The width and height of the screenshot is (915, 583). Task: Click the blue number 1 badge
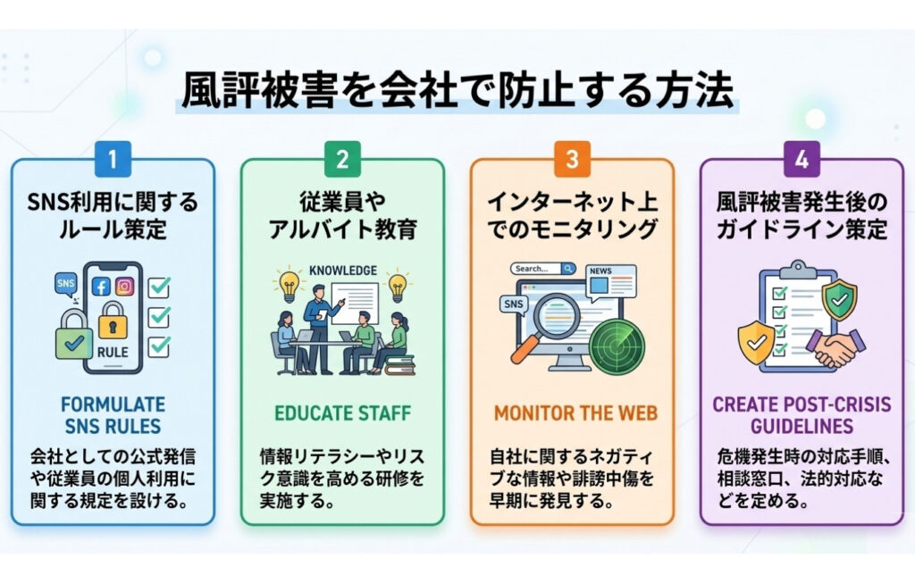coord(113,160)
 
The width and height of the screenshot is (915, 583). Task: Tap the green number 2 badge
coord(342,160)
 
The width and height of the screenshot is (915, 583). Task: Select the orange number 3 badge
coord(572,160)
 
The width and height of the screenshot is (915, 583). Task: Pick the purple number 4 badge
coord(802,160)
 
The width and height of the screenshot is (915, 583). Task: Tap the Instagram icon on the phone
coord(125,287)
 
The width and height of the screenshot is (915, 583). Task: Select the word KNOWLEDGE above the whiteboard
coord(342,269)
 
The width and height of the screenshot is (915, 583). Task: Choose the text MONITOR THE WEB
coord(572,413)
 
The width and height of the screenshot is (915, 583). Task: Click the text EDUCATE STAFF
coord(342,413)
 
